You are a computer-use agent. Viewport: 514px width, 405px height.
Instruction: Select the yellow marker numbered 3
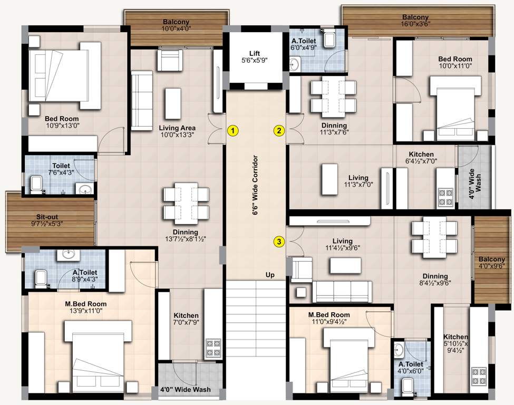(x=279, y=242)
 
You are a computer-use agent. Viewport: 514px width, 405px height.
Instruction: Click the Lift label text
(x=255, y=53)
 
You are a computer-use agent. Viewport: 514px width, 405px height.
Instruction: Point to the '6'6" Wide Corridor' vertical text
(x=255, y=185)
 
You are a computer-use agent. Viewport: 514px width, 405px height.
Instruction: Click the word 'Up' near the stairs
(x=270, y=275)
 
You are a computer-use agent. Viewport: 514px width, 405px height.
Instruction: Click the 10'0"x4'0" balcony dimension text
(x=176, y=30)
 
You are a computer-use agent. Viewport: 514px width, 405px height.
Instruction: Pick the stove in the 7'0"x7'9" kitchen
(x=212, y=348)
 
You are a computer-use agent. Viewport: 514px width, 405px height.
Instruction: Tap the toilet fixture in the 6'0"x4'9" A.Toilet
(x=330, y=40)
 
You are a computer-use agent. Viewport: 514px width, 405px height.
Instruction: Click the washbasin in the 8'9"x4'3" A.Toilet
(x=67, y=255)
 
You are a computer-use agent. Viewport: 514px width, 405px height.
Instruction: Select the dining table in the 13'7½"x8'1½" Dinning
(x=185, y=202)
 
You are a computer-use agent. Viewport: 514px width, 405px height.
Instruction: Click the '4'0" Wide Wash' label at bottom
(x=185, y=390)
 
